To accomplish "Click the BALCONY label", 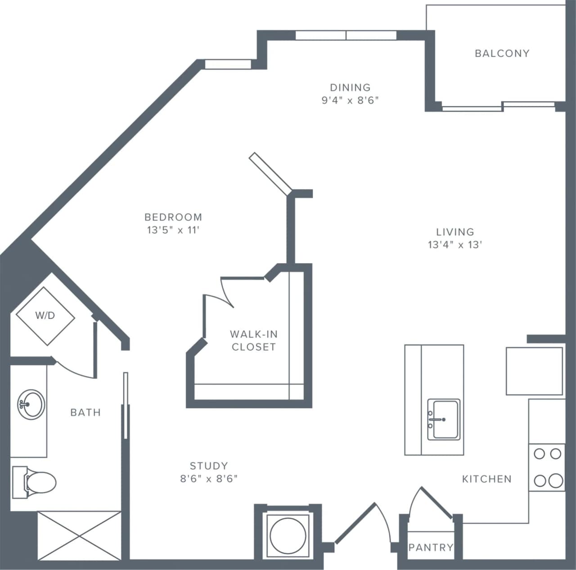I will tap(502, 54).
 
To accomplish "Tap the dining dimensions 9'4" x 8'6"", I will tap(350, 100).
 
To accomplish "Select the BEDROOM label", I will tap(173, 217).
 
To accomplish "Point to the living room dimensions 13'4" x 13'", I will tap(455, 245).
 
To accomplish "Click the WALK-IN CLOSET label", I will tap(253, 340).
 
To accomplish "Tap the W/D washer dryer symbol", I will tap(45, 316).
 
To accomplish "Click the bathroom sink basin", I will tap(31, 404).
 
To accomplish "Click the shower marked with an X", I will tap(79, 535).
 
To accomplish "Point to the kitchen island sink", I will tap(443, 419).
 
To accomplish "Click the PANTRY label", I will tap(431, 547).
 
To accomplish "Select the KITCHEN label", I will tap(487, 479).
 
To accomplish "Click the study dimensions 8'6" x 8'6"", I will tap(209, 479).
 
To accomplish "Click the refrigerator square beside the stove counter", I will tap(534, 371).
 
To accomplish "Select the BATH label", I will tap(85, 412).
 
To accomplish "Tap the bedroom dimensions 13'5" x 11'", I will tap(173, 230).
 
